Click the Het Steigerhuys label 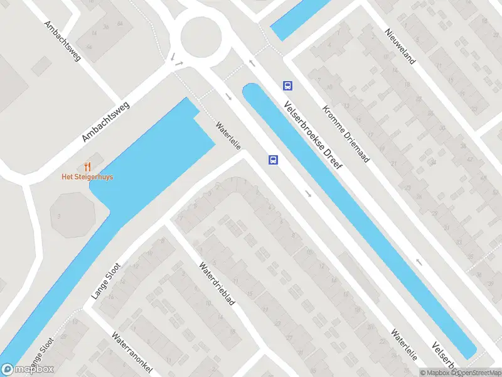[x=87, y=177]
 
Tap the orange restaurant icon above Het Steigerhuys [x=87, y=167]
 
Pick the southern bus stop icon [x=274, y=160]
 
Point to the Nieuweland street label [x=401, y=45]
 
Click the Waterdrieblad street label [x=217, y=283]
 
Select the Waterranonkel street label [x=132, y=352]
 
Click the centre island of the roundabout [x=201, y=36]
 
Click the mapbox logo [x=28, y=369]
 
